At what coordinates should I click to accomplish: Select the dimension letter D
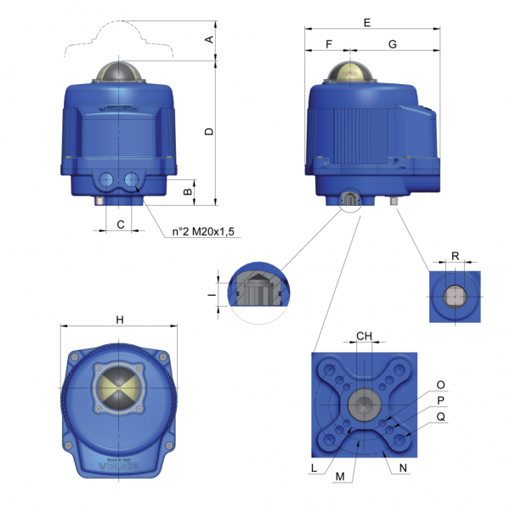click(x=209, y=132)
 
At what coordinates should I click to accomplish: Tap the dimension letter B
click(x=188, y=192)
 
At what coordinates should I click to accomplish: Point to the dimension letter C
click(x=121, y=224)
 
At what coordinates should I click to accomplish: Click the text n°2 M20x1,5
click(x=201, y=231)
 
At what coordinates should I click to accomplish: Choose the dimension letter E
click(x=367, y=23)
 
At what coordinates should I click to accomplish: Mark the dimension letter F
click(x=328, y=42)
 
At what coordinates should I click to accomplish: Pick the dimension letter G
click(x=392, y=42)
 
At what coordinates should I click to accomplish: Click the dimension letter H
click(x=120, y=320)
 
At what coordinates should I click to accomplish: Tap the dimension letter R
click(x=456, y=255)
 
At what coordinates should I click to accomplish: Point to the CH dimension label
click(x=364, y=336)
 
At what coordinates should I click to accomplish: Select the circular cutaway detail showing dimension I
click(x=254, y=293)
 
